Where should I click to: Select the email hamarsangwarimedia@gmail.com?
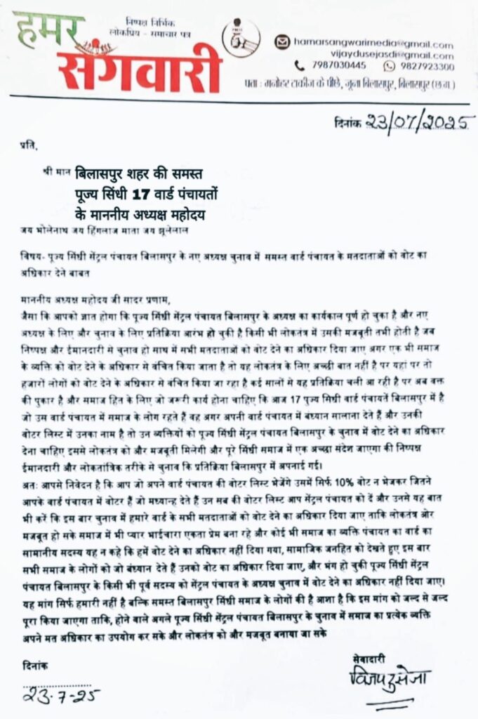tap(373, 44)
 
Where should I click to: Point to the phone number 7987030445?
tap(340, 67)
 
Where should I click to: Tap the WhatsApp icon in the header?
tap(390, 67)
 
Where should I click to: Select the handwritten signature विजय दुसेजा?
tap(389, 680)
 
